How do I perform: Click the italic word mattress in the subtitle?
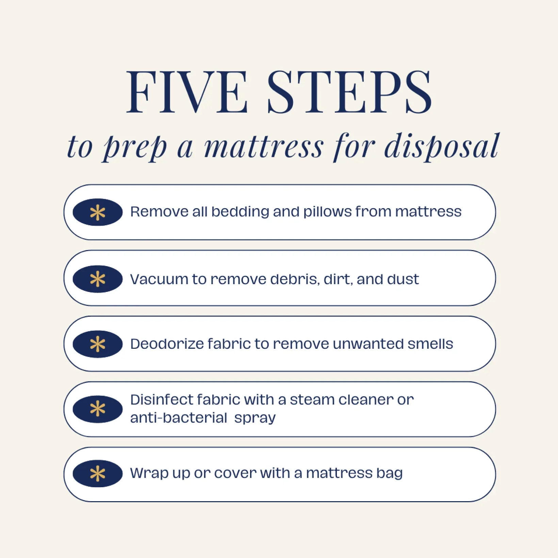tap(264, 147)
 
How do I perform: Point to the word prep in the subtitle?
tap(135, 147)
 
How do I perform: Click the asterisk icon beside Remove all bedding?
tap(98, 212)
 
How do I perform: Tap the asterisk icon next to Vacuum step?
tap(98, 279)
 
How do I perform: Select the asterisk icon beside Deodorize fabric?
tap(98, 344)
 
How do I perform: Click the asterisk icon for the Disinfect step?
tap(98, 409)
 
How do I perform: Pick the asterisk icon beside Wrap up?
tap(98, 474)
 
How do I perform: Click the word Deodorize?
tap(167, 344)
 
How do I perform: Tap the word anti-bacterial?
tap(178, 418)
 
